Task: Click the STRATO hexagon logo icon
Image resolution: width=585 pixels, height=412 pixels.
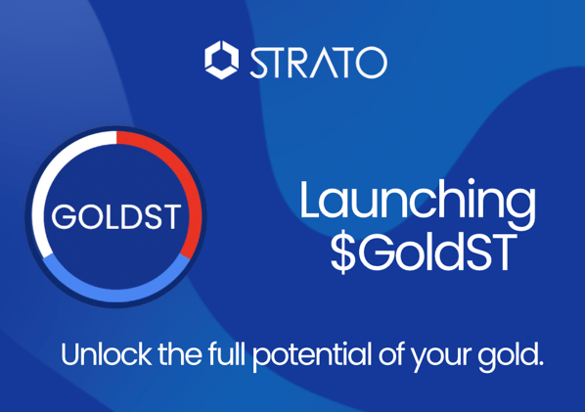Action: (x=221, y=60)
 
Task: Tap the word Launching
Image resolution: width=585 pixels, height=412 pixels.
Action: (x=418, y=201)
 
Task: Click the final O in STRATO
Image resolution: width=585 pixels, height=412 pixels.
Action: (x=372, y=62)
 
